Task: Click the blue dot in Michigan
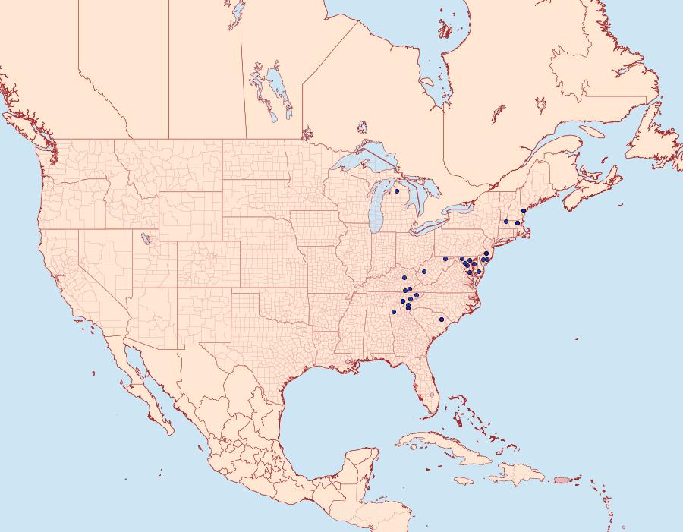pos(397,191)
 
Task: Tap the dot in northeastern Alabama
pos(394,312)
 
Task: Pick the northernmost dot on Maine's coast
pos(524,211)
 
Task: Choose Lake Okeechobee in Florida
pos(430,395)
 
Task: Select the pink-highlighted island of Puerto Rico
pos(562,478)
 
